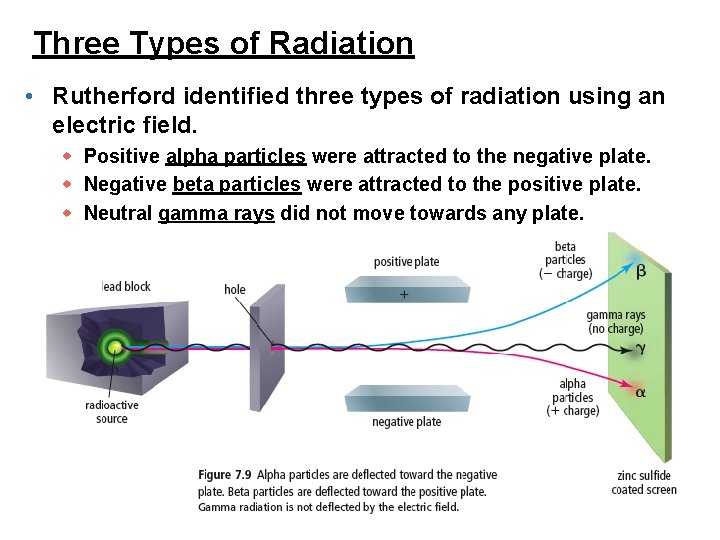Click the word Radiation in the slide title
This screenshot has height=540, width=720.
coord(342,43)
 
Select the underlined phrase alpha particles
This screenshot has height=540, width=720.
coord(236,157)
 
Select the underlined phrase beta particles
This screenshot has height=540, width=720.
coord(236,185)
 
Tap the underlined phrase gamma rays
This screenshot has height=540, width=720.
coord(216,213)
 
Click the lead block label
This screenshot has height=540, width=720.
coord(126,287)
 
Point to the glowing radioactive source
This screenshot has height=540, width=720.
coord(116,347)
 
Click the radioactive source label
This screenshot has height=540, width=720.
coord(112,412)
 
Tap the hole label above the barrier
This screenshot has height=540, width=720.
coord(235,290)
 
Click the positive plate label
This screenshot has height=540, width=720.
coord(406,262)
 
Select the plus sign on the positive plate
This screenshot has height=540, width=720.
coord(404,295)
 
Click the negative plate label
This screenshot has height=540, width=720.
coord(406,422)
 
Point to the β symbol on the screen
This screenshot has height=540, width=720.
coord(640,271)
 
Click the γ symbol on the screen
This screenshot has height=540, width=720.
coord(639,349)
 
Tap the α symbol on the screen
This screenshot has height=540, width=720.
coord(640,392)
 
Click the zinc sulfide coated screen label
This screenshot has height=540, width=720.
coord(644,482)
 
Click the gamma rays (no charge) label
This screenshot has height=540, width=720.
coord(615,322)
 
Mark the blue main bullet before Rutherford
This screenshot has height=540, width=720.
coord(32,97)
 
